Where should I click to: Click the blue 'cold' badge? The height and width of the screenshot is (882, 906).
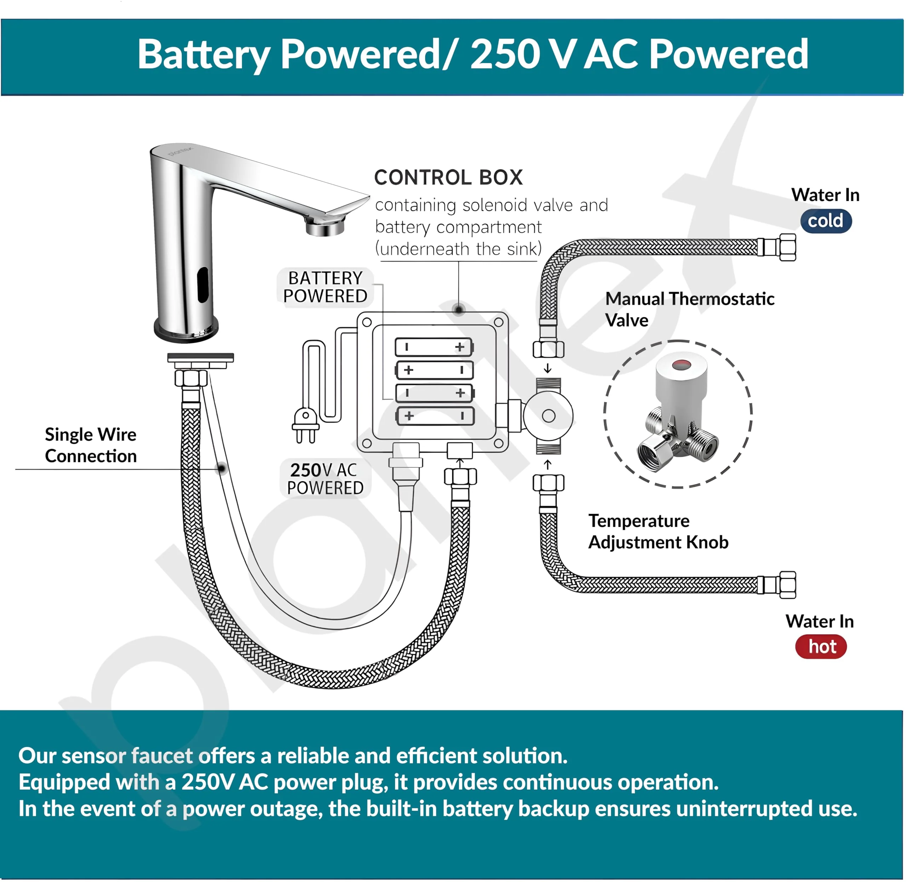(825, 221)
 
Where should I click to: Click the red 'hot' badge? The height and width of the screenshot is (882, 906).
(821, 647)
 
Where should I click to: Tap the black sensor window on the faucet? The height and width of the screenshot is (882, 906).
(202, 284)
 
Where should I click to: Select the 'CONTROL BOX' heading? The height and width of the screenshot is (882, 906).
(448, 177)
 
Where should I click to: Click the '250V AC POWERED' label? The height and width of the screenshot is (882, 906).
(325, 479)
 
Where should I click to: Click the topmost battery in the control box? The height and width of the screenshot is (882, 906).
(434, 347)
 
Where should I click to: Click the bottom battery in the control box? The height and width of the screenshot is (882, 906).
(434, 416)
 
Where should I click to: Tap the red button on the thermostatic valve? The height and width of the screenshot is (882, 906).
(680, 364)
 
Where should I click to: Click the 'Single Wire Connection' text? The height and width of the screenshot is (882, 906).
(91, 445)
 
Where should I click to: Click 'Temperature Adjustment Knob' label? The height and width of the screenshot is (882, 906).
(658, 531)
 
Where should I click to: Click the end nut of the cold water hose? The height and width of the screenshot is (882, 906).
(787, 247)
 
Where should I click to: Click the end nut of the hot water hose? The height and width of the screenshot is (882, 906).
(787, 585)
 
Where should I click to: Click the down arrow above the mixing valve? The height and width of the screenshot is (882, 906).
(548, 369)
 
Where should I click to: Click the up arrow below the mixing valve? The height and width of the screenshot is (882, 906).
(548, 465)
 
